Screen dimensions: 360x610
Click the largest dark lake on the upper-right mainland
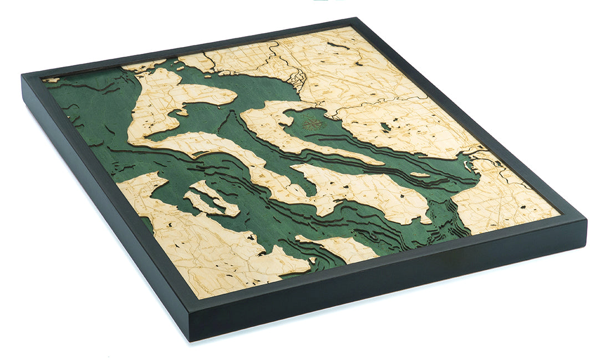pos(385,127)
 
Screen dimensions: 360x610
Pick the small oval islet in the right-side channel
pos(420,175)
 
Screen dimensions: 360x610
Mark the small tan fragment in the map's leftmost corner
pos(52,80)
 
